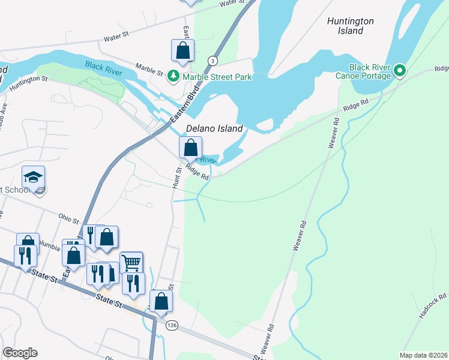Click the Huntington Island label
(x=351, y=26)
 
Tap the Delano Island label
(x=214, y=128)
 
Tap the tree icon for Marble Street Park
(x=173, y=76)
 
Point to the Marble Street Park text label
(x=217, y=77)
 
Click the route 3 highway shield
(x=212, y=61)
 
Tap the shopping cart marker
(x=131, y=262)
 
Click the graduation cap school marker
(x=34, y=176)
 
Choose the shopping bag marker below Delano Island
(x=190, y=147)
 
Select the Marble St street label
(x=149, y=69)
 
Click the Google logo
(x=20, y=353)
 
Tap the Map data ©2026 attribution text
(x=423, y=355)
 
